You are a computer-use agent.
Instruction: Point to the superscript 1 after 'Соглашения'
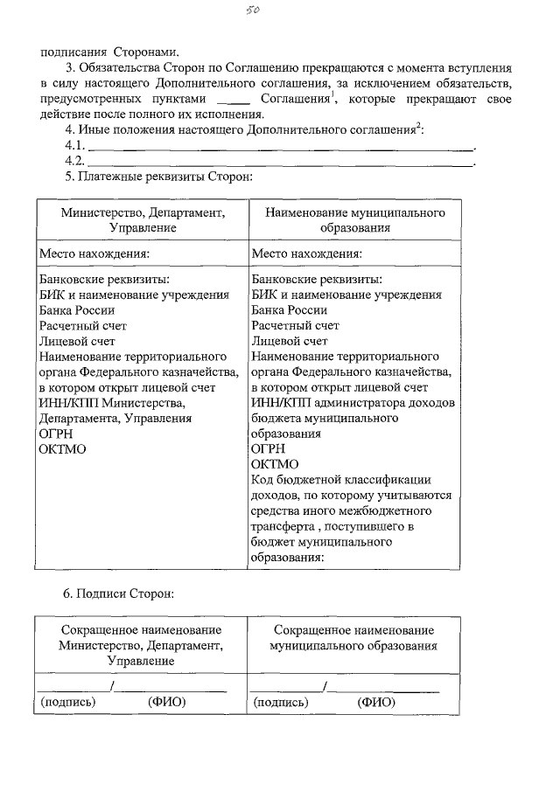click(x=333, y=95)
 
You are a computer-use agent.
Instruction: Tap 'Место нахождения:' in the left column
click(x=94, y=254)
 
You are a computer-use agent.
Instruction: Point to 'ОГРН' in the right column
click(x=268, y=449)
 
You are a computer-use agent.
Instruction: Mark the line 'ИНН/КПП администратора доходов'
click(x=353, y=403)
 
